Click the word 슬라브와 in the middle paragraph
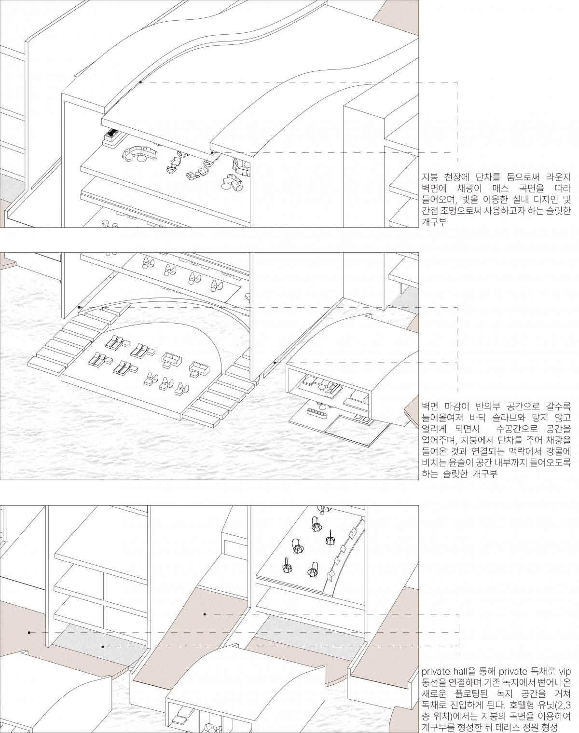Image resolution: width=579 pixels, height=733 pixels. coord(509,418)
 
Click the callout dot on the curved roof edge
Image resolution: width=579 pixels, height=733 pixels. coord(140,82)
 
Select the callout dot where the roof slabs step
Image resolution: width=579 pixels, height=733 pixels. coord(212,153)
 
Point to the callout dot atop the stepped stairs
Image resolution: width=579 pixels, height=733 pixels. coord(80,307)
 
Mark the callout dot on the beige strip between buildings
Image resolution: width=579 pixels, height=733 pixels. coord(205,614)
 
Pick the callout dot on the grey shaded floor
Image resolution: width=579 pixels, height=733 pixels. coord(103,647)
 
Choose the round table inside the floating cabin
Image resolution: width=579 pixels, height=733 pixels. coord(322,387)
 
